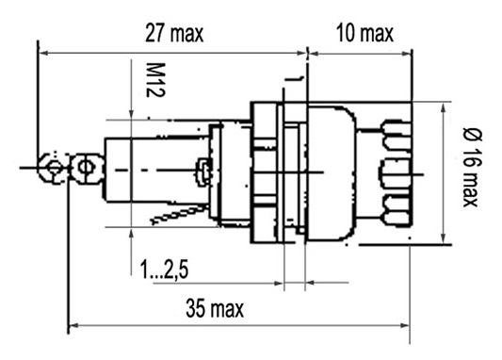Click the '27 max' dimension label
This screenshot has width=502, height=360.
174,33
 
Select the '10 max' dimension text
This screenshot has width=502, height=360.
364,33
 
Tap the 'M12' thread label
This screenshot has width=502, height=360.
155,80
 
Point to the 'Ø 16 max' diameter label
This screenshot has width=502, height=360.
472,167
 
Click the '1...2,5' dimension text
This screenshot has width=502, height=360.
164,270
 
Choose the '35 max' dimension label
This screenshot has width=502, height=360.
215,308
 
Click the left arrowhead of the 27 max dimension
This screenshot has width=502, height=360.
43,53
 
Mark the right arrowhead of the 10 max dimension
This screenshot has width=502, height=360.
407,53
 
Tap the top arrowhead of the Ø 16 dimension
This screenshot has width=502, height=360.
444,107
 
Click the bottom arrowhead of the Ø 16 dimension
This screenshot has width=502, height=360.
444,238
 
